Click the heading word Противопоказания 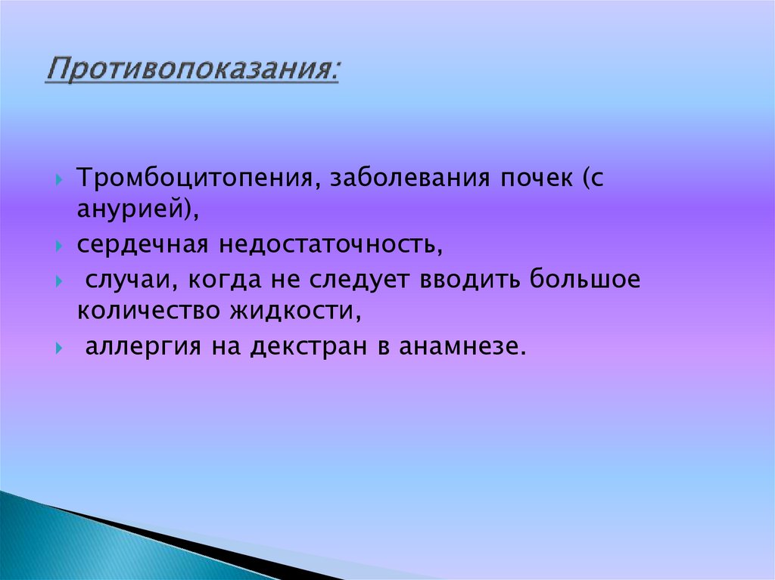pos(190,72)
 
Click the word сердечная pos(141,246)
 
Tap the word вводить pos(473,279)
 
